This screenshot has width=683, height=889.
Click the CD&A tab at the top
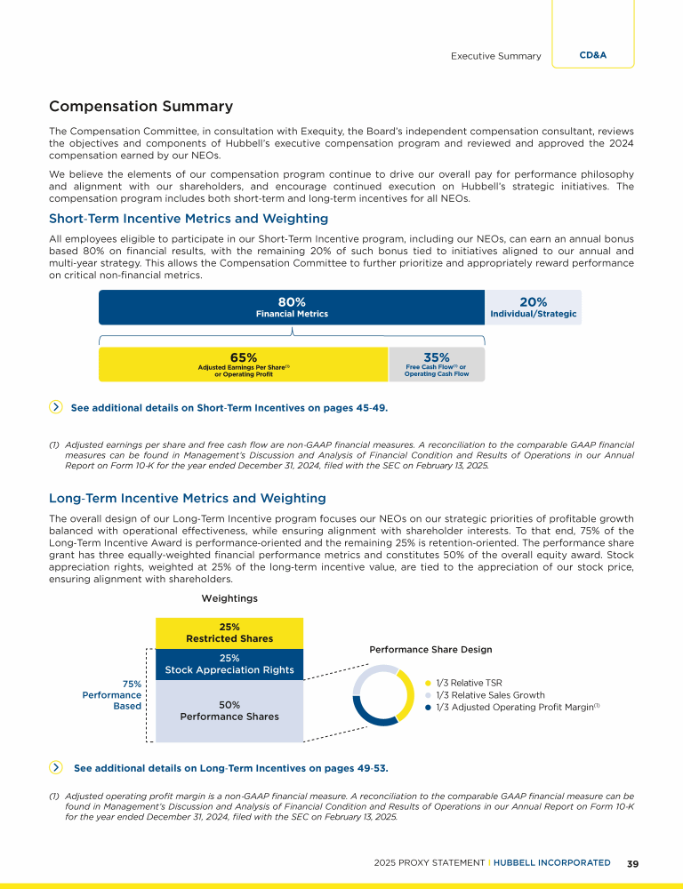[x=592, y=55]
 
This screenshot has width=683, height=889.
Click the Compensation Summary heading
[x=141, y=107]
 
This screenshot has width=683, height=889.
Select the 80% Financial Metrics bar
[x=291, y=308]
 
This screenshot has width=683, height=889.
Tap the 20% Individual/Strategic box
[x=533, y=308]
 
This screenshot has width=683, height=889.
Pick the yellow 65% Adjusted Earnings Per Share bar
[x=243, y=364]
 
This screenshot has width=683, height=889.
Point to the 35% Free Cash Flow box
[x=436, y=364]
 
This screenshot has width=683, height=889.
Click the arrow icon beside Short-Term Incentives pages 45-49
[x=56, y=407]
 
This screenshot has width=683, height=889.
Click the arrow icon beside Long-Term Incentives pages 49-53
[x=56, y=766]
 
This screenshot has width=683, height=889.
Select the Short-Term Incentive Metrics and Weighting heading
[x=189, y=219]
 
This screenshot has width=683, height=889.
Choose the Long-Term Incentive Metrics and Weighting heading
[x=187, y=499]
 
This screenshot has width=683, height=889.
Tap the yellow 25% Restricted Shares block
[x=229, y=633]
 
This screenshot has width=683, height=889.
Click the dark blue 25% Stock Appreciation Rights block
[x=229, y=664]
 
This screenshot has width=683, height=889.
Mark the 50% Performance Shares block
[x=229, y=710]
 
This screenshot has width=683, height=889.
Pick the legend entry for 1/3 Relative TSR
[x=463, y=683]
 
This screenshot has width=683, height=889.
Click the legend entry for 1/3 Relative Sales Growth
[x=484, y=695]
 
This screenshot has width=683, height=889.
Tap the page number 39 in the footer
[x=633, y=862]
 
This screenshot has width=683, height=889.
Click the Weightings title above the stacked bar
[x=229, y=598]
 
